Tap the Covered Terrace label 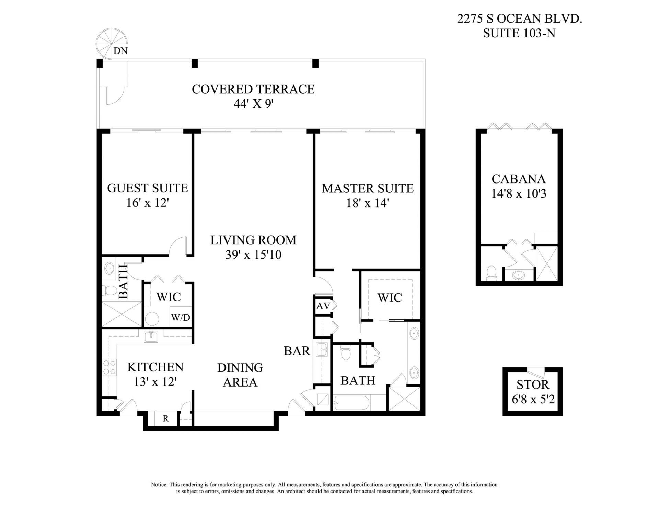(x=253, y=89)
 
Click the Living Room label (x=253, y=240)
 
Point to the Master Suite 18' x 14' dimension (x=367, y=203)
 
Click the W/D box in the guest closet (x=181, y=317)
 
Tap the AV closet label (x=323, y=306)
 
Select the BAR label (x=297, y=351)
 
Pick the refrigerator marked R (x=166, y=418)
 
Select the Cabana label (x=518, y=179)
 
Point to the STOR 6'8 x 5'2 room (x=533, y=392)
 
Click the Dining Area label (x=240, y=375)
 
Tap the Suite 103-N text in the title (x=519, y=33)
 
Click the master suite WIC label (x=390, y=298)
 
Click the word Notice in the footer (x=159, y=485)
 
